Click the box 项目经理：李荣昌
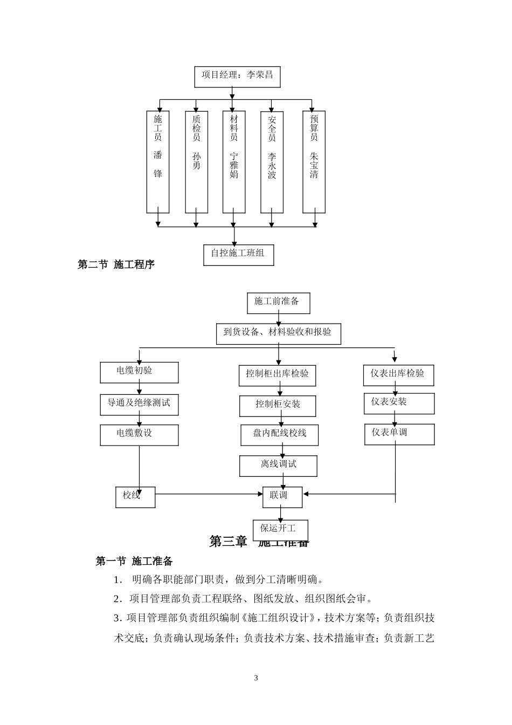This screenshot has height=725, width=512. tap(237, 77)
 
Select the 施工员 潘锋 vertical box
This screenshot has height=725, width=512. tap(158, 162)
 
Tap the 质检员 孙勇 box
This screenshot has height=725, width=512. tap(196, 162)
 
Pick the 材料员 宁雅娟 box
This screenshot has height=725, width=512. tap(234, 162)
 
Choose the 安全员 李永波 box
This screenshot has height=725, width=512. tap(272, 162)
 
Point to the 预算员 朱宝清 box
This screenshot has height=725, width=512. tap(314, 162)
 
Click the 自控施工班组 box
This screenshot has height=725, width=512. tap(238, 255)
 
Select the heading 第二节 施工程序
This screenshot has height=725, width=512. tap(116, 264)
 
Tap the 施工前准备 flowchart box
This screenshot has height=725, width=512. tap(279, 303)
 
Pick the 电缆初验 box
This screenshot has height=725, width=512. tap(139, 372)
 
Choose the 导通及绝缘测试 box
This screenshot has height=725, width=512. tap(139, 405)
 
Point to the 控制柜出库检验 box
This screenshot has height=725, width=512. tap(277, 375)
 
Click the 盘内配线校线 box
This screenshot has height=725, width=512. tap(279, 435)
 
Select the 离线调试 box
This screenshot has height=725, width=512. tap(278, 466)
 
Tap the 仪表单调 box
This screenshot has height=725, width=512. tap(399, 434)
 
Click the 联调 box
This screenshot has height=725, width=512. tap(282, 497)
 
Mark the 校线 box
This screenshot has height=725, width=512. tap(135, 497)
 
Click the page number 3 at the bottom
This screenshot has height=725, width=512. tap(256, 678)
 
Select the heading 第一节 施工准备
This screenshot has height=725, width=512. tap(134, 562)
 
